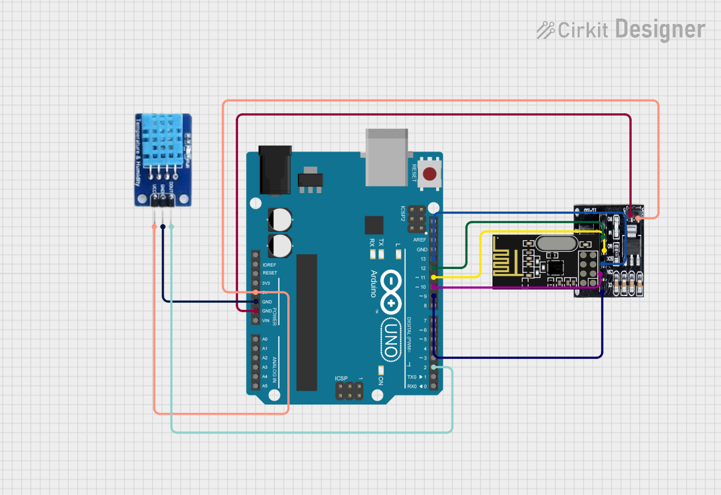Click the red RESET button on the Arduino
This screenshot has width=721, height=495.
click(429, 174)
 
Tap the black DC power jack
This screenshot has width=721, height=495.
click(275, 170)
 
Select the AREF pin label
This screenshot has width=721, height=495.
click(420, 240)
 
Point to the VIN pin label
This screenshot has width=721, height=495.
click(266, 321)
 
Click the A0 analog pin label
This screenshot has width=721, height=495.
click(265, 339)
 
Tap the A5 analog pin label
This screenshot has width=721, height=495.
click(265, 386)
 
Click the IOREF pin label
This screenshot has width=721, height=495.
click(269, 264)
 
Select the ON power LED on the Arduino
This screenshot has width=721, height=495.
click(381, 370)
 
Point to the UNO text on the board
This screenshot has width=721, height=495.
click(390, 340)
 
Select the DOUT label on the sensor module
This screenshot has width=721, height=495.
click(171, 191)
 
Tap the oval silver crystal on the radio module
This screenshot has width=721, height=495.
click(556, 243)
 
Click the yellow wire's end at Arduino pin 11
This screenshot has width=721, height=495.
click(434, 277)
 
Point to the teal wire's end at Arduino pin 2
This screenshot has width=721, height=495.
click(434, 367)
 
